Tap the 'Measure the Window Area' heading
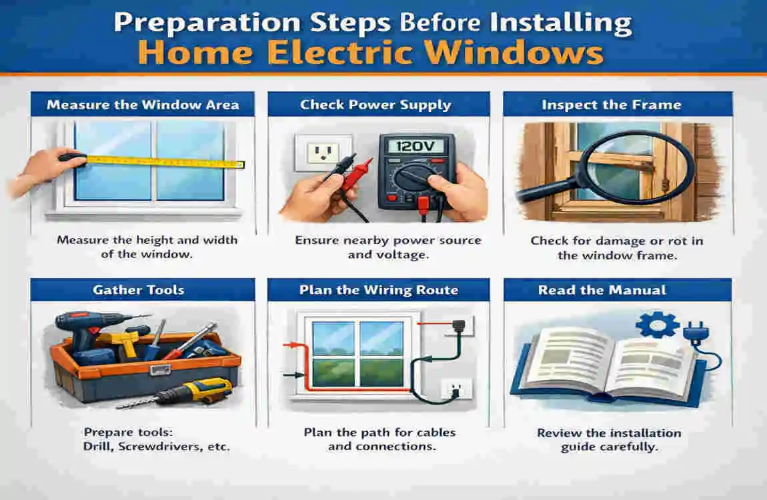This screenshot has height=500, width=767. [143, 105]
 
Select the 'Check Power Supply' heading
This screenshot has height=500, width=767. [375, 105]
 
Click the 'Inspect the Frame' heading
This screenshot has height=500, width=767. [611, 105]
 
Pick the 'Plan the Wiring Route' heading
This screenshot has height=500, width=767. [379, 290]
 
